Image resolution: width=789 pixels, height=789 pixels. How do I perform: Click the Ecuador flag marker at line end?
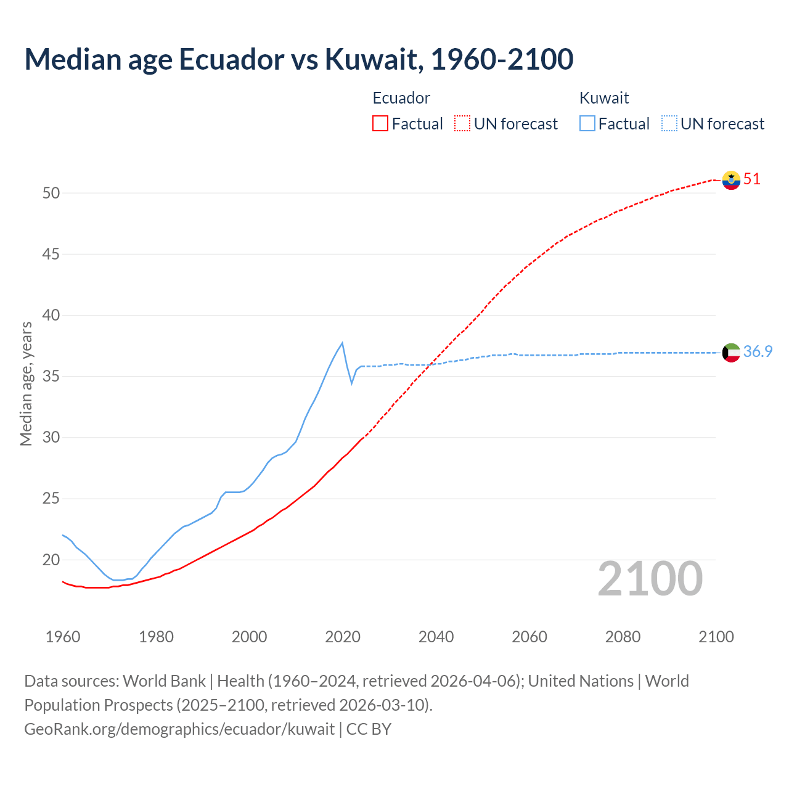click(731, 180)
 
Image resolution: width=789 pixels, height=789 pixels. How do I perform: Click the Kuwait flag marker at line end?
click(731, 353)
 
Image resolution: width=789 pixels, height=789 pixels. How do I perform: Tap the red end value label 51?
click(752, 179)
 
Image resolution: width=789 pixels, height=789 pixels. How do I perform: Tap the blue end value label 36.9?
click(758, 351)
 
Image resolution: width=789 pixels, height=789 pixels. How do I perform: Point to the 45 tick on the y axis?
click(51, 254)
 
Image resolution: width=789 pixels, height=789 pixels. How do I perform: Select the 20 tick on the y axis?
click(51, 560)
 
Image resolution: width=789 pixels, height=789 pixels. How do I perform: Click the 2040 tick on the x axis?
click(436, 637)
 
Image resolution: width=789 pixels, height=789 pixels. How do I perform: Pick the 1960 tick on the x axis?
click(63, 637)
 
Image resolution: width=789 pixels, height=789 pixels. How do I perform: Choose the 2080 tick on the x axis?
click(623, 637)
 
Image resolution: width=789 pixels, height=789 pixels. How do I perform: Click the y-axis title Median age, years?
click(26, 383)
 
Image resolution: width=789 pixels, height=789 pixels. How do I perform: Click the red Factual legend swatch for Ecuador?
click(380, 123)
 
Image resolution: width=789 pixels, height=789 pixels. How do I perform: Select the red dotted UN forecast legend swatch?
click(462, 123)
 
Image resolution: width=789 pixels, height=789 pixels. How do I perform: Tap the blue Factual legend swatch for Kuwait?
click(587, 123)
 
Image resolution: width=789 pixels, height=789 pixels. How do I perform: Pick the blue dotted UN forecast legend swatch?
click(669, 123)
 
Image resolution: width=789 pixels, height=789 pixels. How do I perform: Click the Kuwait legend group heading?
click(604, 98)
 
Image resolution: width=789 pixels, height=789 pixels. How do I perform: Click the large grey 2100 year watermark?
click(650, 578)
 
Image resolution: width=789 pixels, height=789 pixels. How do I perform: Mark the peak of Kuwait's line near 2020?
click(342, 343)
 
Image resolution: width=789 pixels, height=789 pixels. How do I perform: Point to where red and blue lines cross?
click(430, 364)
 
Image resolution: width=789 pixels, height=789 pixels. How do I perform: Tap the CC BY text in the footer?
click(369, 729)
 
